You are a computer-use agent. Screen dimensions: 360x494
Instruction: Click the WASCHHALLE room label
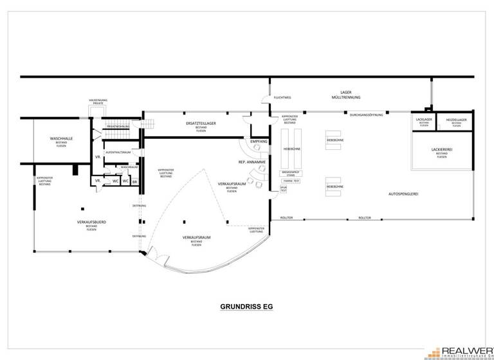point(57,139)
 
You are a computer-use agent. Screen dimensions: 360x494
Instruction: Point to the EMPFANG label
point(259,141)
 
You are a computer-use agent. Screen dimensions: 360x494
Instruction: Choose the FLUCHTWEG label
point(282,98)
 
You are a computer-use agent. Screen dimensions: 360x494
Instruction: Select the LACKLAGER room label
point(423,120)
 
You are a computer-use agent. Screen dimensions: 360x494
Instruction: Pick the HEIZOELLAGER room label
point(456,120)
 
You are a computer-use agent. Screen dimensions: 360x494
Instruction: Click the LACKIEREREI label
point(442,150)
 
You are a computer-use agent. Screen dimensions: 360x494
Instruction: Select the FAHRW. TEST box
point(291,181)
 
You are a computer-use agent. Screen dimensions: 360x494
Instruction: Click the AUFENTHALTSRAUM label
point(122,152)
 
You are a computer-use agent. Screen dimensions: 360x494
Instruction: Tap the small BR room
point(135,182)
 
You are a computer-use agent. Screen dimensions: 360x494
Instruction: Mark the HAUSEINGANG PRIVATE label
point(100,102)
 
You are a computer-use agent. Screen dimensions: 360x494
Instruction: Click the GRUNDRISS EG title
point(247,307)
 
